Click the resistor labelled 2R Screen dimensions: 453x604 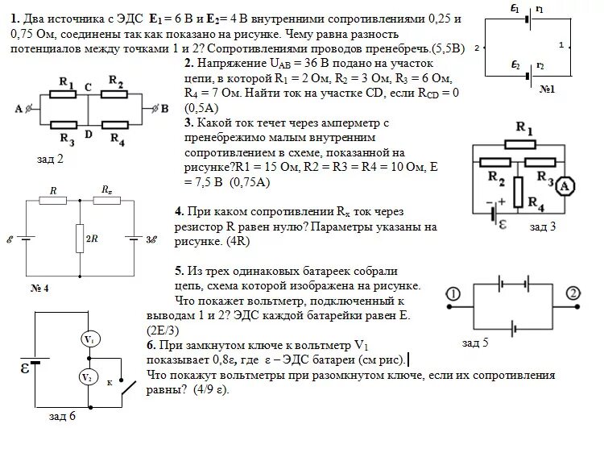coord(81,237)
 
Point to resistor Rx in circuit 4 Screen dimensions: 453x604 coord(106,202)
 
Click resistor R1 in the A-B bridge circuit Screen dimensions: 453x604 coord(67,94)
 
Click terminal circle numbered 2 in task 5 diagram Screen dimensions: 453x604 coord(573,293)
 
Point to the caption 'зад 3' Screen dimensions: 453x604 coord(542,227)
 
